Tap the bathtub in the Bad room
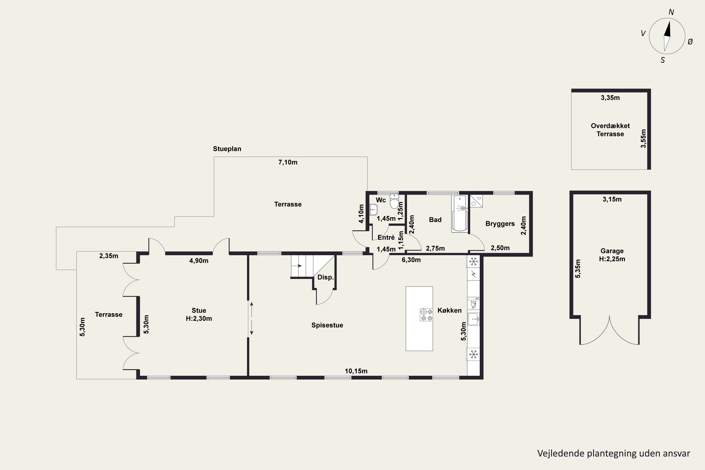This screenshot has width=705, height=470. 460,214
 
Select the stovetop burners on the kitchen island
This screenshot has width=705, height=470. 426,315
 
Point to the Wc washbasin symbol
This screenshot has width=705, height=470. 373,210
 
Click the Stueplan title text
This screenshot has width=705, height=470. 227,149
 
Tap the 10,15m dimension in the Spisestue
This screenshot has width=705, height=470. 356,371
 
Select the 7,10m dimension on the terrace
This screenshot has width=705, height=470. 288,162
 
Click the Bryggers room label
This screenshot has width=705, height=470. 500,224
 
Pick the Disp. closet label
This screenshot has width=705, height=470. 325,277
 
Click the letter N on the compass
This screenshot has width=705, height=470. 671,12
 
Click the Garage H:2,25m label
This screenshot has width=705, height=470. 612,255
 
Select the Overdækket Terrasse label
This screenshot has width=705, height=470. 610,130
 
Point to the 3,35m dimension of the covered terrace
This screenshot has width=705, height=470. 610,98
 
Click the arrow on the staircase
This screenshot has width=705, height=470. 298,266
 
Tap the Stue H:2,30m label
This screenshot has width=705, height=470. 199,314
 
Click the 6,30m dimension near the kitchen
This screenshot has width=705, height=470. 411,260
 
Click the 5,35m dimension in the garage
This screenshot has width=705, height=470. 578,269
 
